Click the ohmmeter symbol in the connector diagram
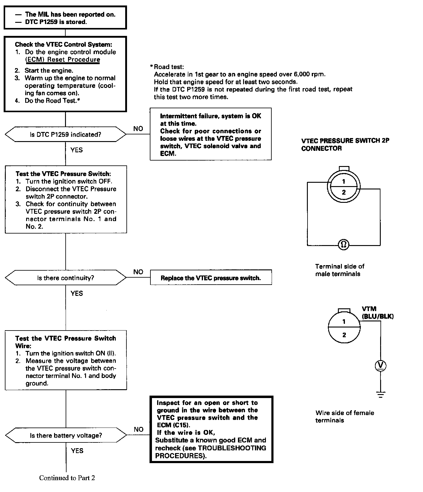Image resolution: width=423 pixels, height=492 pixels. (344, 244)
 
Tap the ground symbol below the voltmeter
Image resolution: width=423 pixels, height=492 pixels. (380, 394)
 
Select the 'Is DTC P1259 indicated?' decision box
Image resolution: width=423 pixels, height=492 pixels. (66, 134)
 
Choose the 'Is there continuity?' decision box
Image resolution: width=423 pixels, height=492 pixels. (66, 278)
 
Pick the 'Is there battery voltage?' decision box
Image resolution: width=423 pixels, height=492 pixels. (66, 435)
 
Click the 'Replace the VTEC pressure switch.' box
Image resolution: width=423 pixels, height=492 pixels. (211, 278)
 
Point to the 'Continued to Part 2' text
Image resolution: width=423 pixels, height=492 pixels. (67, 478)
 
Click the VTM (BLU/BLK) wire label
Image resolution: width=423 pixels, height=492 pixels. (377, 313)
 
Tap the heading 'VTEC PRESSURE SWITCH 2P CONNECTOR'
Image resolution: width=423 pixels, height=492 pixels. (345, 144)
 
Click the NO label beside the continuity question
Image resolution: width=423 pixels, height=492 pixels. (138, 272)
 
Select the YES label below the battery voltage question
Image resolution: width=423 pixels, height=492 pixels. (77, 451)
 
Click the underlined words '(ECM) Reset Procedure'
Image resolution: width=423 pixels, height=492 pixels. (63, 60)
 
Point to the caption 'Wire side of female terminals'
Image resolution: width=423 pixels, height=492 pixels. (345, 416)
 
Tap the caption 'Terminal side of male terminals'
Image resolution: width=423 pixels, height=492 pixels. (339, 270)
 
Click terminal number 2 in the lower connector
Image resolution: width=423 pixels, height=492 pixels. (344, 335)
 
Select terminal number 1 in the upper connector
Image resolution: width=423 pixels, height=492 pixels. (344, 182)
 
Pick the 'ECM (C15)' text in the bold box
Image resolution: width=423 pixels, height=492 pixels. (175, 425)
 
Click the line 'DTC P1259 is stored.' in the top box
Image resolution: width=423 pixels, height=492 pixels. (56, 22)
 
